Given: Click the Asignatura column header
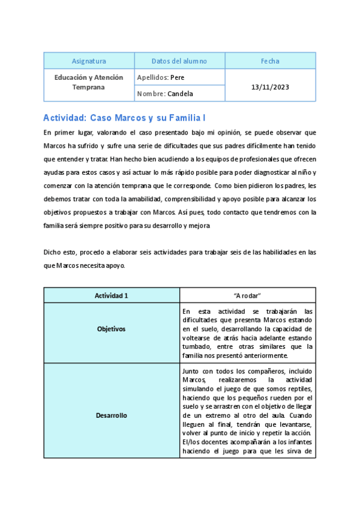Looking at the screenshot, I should (x=89, y=61).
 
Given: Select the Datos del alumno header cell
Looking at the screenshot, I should (x=179, y=61).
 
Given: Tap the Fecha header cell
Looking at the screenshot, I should (x=270, y=61).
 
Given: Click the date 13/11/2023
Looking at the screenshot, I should (x=270, y=86).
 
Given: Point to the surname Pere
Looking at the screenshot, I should (x=177, y=77).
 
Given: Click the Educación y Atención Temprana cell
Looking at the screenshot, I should (x=89, y=82).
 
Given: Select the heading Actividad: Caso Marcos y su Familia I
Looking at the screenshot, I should (x=125, y=118).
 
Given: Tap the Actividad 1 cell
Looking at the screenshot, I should (x=112, y=295).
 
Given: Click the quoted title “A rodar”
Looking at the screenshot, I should (x=247, y=295).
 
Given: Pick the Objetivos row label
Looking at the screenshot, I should (x=112, y=329).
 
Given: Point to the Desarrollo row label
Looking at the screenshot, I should (x=112, y=415).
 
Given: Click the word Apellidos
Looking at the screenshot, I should (x=152, y=77).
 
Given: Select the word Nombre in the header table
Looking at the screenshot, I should (x=151, y=94).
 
